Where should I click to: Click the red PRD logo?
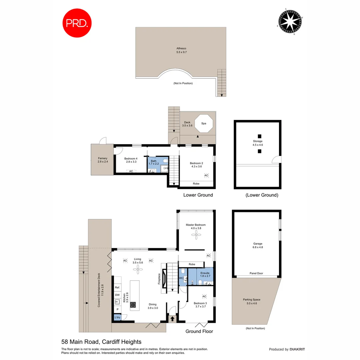[x=77, y=23]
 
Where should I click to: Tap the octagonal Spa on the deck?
[x=203, y=123]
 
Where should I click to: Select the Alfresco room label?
[x=181, y=50]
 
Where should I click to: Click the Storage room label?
[x=258, y=143]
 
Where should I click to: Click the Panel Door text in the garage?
[x=256, y=273]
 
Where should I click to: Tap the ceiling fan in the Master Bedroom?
[x=196, y=235]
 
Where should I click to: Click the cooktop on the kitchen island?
[x=133, y=304]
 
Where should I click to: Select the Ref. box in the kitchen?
[x=117, y=287]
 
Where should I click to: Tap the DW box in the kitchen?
[x=117, y=295]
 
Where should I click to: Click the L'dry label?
[x=117, y=317]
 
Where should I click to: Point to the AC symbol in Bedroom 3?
[x=204, y=296]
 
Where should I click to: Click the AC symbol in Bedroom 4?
[x=131, y=171]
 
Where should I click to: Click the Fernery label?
[x=102, y=160]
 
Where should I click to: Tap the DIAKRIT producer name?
[x=297, y=349]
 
